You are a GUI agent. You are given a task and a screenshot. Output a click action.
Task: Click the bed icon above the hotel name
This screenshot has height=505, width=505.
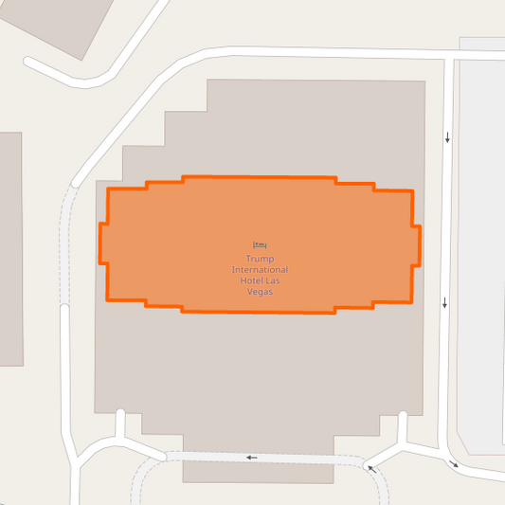tap(260, 246)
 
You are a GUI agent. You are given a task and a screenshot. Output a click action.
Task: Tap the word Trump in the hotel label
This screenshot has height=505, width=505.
tap(259, 259)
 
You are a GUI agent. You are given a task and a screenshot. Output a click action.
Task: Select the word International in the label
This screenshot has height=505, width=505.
tap(260, 270)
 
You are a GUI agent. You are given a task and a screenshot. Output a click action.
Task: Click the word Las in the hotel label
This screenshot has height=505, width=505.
tap(274, 281)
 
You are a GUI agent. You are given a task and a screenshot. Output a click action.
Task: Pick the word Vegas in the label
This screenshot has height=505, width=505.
tap(260, 293)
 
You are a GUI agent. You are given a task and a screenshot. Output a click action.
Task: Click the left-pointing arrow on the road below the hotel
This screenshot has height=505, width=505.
tap(251, 458)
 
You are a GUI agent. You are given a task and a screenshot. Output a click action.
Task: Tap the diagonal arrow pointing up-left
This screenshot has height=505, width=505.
tap(371, 468)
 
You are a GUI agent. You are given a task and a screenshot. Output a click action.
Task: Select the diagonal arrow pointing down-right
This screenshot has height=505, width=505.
tap(454, 464)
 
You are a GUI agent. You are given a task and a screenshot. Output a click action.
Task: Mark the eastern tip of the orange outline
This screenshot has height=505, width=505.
tap(419, 245)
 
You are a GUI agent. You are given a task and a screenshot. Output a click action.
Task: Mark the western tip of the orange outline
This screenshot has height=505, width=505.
tap(101, 243)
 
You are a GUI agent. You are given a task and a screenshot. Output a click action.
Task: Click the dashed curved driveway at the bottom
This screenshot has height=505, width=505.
tap(142, 478)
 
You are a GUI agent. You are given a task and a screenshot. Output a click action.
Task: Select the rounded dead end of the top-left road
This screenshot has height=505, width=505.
tap(29, 63)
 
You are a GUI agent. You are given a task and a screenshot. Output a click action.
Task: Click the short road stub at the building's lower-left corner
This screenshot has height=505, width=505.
tap(119, 424)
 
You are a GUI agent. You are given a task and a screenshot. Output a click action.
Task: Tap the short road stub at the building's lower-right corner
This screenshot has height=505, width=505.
tap(403, 426)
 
